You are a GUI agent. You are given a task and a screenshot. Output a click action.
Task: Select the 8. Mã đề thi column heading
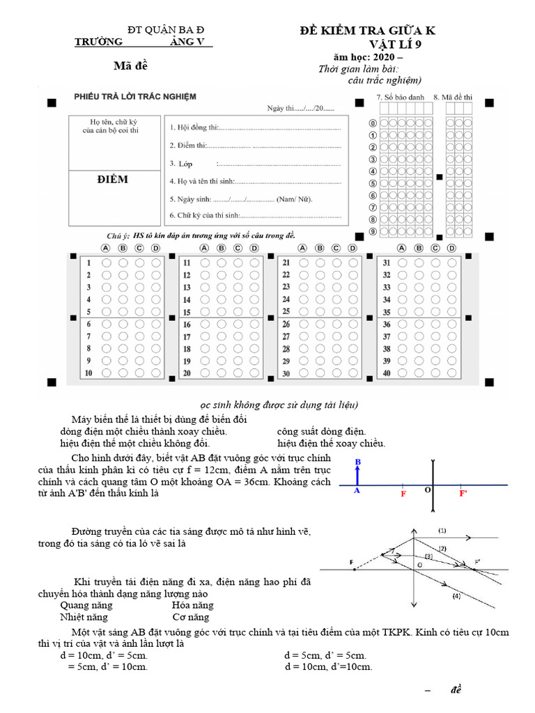pyautogui.click(x=453, y=97)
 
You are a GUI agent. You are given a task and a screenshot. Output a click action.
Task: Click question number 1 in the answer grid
pyautogui.click(x=89, y=263)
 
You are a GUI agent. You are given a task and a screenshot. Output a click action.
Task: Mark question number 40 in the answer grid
pyautogui.click(x=386, y=373)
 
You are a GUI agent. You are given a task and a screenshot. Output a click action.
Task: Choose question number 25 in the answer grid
pyautogui.click(x=286, y=311)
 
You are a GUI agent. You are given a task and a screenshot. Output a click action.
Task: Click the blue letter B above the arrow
pyautogui.click(x=357, y=462)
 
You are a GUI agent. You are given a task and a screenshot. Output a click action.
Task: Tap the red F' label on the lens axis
pyautogui.click(x=463, y=493)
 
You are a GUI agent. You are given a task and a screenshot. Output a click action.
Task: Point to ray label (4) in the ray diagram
pyautogui.click(x=456, y=596)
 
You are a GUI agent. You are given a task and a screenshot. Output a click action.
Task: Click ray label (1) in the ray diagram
pyautogui.click(x=442, y=530)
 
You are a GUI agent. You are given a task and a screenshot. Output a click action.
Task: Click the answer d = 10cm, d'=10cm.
pyautogui.click(x=328, y=666)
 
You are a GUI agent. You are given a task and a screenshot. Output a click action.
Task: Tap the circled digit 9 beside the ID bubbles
pyautogui.click(x=373, y=231)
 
